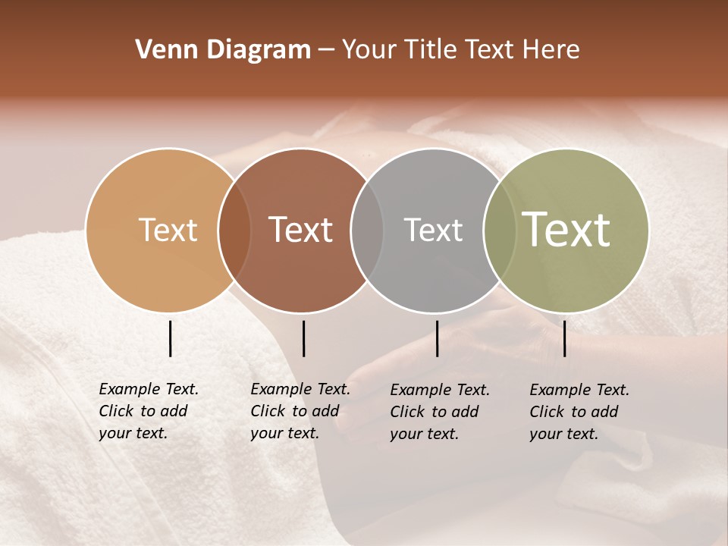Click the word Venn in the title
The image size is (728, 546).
pos(162,50)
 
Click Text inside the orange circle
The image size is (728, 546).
pos(168,230)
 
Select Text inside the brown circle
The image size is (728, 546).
pos(300,230)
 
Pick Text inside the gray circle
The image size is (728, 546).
pos(433,230)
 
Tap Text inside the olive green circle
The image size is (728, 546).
pos(566,230)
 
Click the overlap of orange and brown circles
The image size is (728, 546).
pos(234,231)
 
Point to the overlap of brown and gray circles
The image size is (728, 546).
pos(367,231)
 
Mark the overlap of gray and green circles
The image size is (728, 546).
pos(500,231)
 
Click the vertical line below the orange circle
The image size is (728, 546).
pos(171,338)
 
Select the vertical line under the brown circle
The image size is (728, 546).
pos(303,338)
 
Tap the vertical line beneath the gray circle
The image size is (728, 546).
pos(437,338)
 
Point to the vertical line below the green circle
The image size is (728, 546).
pos(565,338)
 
